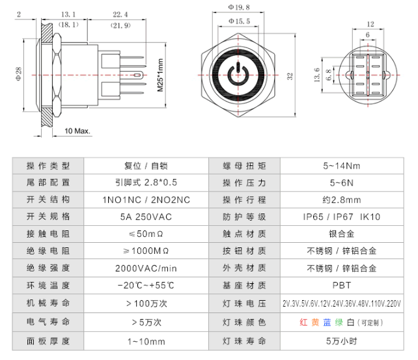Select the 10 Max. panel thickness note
[x=77, y=131]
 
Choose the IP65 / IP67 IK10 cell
[x=342, y=216]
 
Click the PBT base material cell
[x=342, y=285]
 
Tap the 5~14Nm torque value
[x=342, y=165]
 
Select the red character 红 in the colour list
[x=303, y=322]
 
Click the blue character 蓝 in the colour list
[x=327, y=322]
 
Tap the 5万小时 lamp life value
[x=342, y=339]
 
